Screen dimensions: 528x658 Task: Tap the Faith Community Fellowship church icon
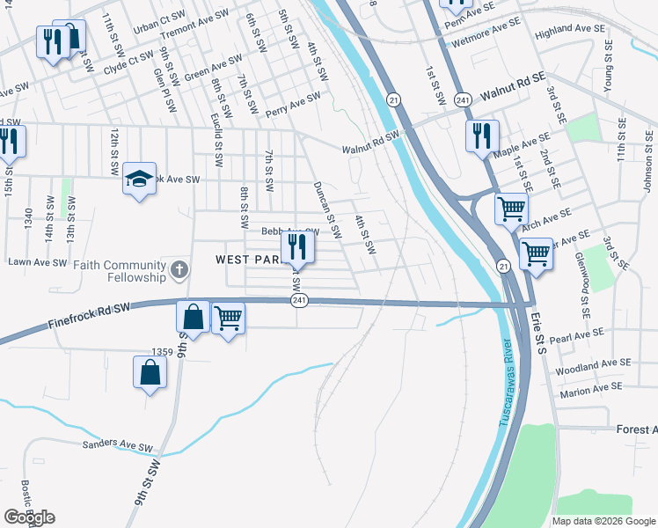point(179,270)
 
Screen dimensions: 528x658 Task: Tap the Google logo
point(29,517)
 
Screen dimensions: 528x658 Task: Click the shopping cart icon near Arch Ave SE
point(510,209)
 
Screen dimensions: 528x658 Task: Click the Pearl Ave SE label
point(576,336)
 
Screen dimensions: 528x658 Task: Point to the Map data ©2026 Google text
point(603,521)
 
